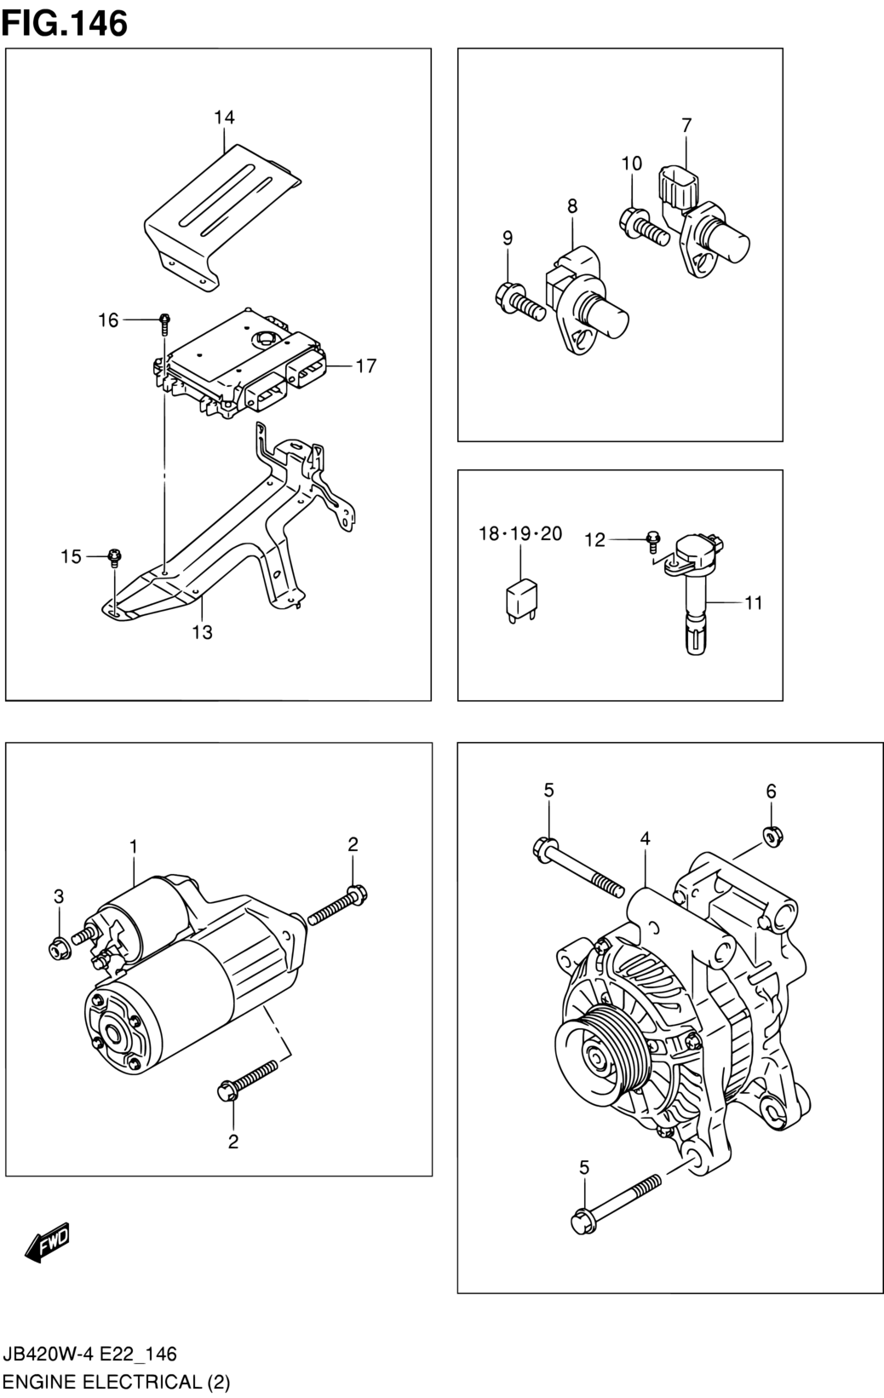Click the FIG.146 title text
pyautogui.click(x=64, y=24)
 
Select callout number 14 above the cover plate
pyautogui.click(x=224, y=118)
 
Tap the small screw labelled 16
pyautogui.click(x=164, y=325)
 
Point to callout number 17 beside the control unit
pyautogui.click(x=366, y=365)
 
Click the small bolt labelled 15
pyautogui.click(x=114, y=557)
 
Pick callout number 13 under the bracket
pyautogui.click(x=202, y=632)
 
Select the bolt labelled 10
pyautogui.click(x=644, y=228)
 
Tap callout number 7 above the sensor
pyautogui.click(x=686, y=125)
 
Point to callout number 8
pyautogui.click(x=572, y=206)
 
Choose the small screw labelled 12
pyautogui.click(x=652, y=542)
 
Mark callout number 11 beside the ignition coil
pyautogui.click(x=754, y=603)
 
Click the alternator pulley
pyautogui.click(x=599, y=1056)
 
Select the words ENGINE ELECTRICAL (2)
pyautogui.click(x=117, y=1383)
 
